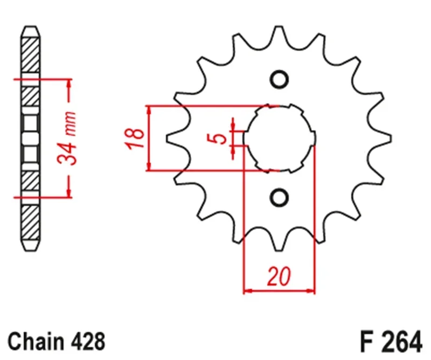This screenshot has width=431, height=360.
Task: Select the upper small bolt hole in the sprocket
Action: click(279, 80)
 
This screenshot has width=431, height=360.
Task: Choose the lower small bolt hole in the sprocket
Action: click(279, 197)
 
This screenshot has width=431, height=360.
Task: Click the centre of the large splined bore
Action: click(279, 139)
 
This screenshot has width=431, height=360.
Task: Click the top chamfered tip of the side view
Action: click(30, 28)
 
